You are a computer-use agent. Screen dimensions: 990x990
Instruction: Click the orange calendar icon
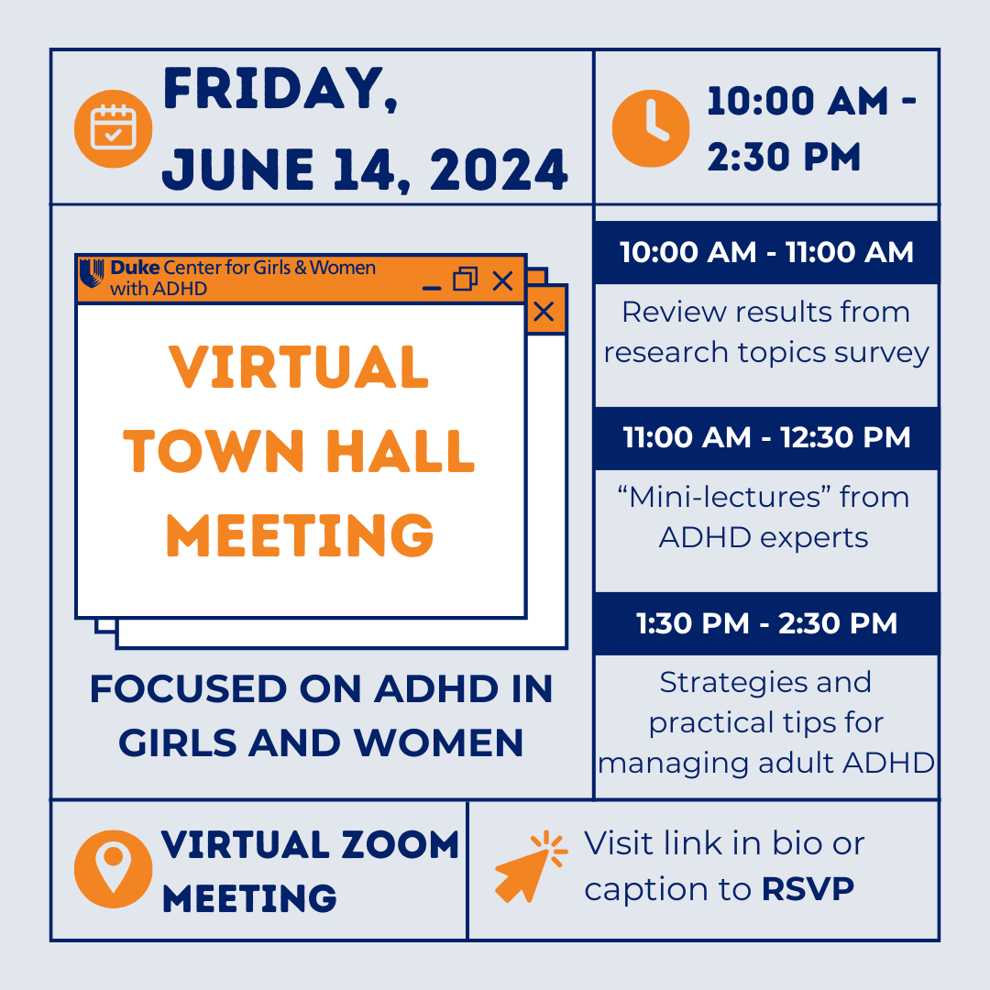pyautogui.click(x=114, y=128)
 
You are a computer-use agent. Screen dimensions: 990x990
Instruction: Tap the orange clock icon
pyautogui.click(x=651, y=128)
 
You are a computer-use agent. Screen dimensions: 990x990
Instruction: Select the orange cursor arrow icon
pyautogui.click(x=531, y=866)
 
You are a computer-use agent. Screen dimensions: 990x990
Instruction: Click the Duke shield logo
pyautogui.click(x=92, y=274)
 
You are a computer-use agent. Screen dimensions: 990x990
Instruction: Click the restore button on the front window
pyautogui.click(x=466, y=280)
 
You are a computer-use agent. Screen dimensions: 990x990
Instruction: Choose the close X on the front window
pyautogui.click(x=502, y=280)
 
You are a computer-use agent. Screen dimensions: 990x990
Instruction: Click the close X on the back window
pyautogui.click(x=544, y=312)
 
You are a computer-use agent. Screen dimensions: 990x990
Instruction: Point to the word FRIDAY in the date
pyautogui.click(x=280, y=89)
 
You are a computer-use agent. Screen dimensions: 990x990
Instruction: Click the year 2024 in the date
pyautogui.click(x=500, y=170)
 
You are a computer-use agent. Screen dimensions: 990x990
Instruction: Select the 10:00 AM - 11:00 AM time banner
pyautogui.click(x=766, y=253)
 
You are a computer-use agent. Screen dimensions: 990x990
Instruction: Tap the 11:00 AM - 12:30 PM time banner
pyautogui.click(x=766, y=438)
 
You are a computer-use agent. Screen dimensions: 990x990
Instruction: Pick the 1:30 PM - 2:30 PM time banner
pyautogui.click(x=766, y=623)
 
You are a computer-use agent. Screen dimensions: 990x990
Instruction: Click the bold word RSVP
pyautogui.click(x=808, y=889)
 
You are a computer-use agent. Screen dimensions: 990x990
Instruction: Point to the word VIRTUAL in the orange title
pyautogui.click(x=300, y=368)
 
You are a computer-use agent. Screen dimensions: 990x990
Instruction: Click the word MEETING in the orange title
pyautogui.click(x=300, y=535)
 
